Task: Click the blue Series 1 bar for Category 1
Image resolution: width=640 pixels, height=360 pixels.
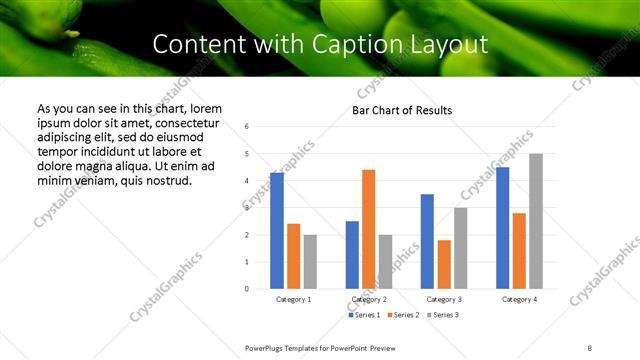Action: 277,231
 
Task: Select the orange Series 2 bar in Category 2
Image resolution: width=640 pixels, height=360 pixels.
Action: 368,229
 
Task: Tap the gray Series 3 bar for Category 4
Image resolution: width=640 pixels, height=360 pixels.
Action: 535,221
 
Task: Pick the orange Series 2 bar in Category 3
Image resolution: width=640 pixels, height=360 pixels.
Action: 444,264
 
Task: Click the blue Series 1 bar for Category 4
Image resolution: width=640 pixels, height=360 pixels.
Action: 502,228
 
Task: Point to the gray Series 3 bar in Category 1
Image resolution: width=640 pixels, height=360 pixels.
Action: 310,262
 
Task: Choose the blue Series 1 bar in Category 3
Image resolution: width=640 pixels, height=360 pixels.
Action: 427,241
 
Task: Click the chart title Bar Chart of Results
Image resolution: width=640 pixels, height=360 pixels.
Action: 402,110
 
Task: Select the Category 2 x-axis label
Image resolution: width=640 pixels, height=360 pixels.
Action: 369,299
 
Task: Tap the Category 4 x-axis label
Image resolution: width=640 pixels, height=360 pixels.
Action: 519,299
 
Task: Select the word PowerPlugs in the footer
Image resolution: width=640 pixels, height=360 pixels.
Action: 268,347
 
